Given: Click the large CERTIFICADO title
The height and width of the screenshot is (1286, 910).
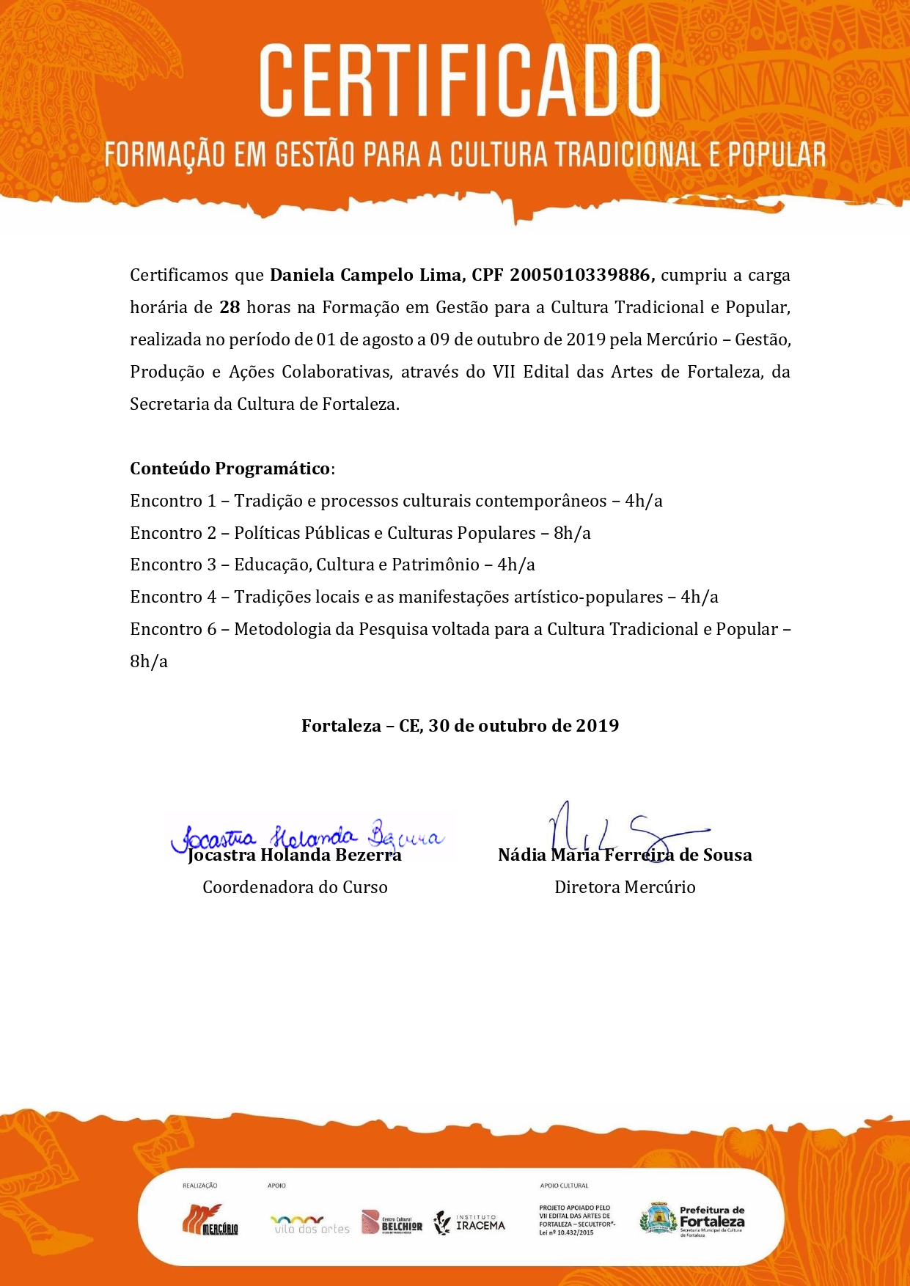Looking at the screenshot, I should point(460,80).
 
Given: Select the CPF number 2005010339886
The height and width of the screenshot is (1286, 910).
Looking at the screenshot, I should point(580,275).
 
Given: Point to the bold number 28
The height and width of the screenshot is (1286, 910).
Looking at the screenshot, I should point(230,307).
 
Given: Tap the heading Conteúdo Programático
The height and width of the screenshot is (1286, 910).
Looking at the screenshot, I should point(230,469).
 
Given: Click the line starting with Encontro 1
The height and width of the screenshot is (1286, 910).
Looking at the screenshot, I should point(396,501).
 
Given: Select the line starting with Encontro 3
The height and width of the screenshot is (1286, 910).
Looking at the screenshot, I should point(332,565).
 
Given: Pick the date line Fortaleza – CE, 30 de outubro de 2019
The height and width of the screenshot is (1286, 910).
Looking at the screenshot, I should point(460,726).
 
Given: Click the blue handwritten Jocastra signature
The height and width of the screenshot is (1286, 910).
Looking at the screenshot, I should point(308,836).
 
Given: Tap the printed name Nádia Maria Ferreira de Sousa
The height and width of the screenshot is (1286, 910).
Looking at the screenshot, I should point(625,855).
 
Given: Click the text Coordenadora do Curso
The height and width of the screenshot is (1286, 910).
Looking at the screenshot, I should point(295,887).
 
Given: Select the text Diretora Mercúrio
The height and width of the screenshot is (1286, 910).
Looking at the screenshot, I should point(625,887).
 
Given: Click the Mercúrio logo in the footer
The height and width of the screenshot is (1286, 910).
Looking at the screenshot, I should point(210,1221).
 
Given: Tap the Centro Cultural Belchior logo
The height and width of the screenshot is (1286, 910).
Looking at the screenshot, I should point(392,1222).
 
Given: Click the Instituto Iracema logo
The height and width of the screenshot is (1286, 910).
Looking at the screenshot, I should point(470,1222).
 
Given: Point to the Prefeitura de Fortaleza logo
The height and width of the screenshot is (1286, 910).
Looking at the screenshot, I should point(693,1220).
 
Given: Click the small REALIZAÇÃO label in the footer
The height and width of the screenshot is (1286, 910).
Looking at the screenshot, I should point(199,1186).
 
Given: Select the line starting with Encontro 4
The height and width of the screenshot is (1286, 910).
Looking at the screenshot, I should point(424,597).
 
